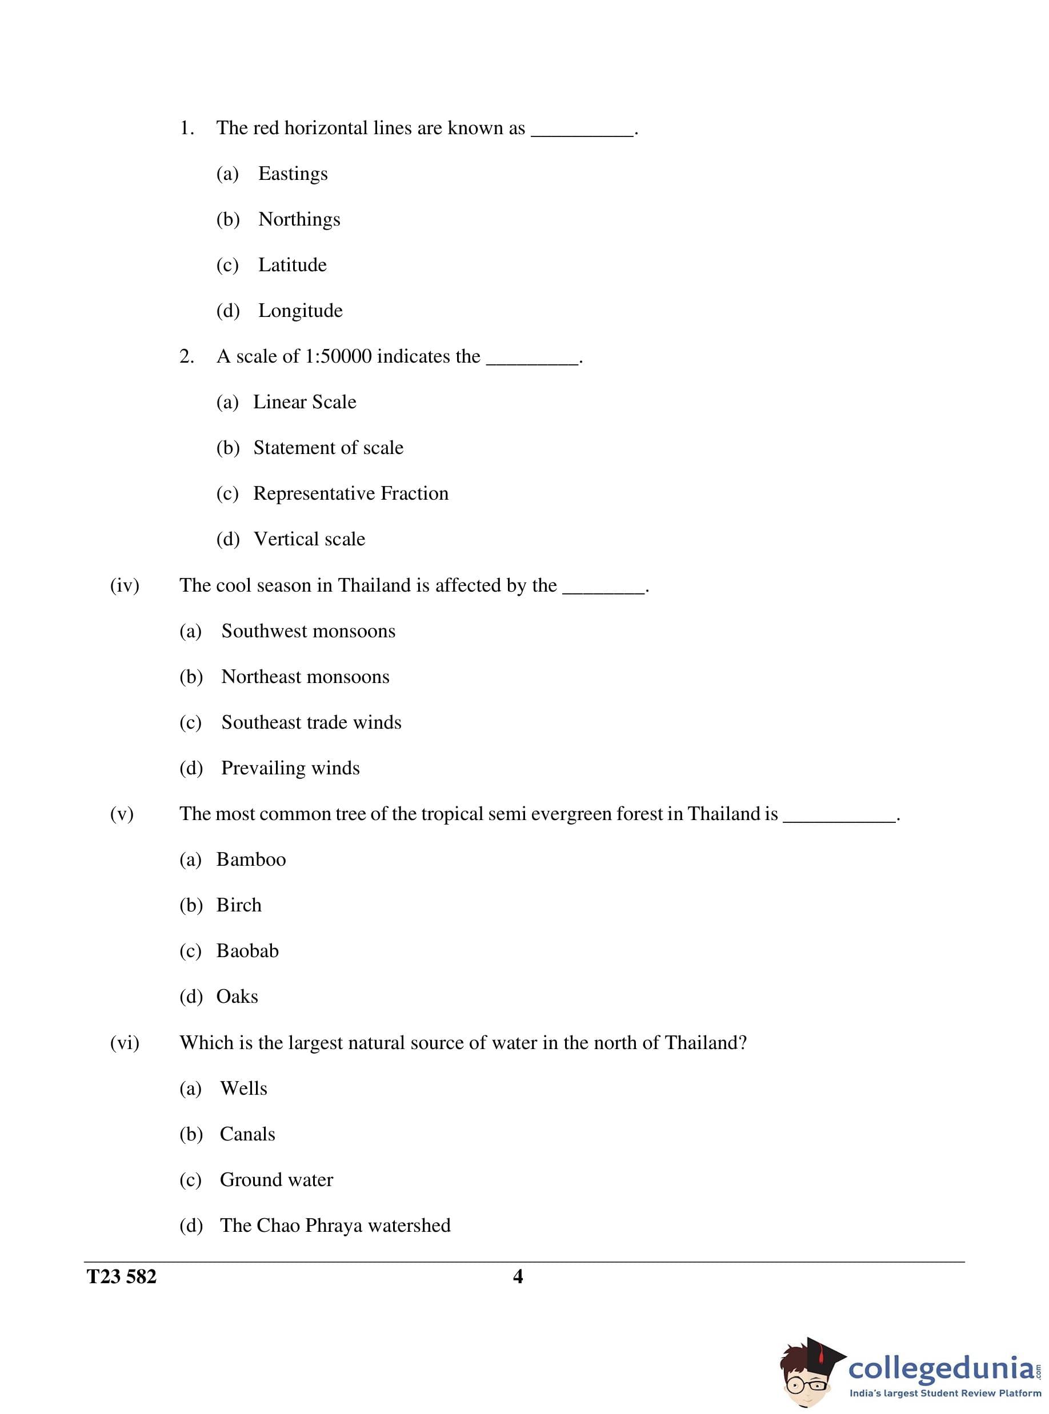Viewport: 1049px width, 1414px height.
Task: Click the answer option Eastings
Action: (293, 174)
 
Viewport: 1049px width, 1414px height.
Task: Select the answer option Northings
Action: (299, 220)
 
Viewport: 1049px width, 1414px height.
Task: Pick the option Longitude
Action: (301, 311)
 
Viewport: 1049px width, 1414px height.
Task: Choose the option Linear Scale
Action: (305, 403)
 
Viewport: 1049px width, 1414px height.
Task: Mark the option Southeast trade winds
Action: (311, 723)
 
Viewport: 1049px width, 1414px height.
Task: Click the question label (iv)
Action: (125, 586)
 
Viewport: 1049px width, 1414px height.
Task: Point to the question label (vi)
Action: (125, 1043)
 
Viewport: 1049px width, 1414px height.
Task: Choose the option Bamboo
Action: (251, 860)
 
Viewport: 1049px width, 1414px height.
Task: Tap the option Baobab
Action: (247, 951)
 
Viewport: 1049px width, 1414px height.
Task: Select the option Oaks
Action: (237, 997)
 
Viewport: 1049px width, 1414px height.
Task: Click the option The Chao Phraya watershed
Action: (335, 1226)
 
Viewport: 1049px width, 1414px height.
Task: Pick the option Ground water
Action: (276, 1180)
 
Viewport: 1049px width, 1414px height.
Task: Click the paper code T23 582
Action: (121, 1277)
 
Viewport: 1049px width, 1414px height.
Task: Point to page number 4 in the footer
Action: (518, 1277)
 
